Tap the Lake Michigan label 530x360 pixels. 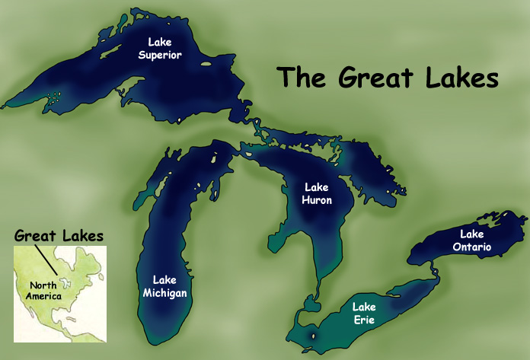[x=164, y=285]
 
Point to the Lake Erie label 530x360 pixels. [x=362, y=314]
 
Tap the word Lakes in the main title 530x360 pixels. [x=460, y=78]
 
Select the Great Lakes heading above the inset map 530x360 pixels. [x=59, y=236]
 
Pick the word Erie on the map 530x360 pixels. [x=362, y=320]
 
